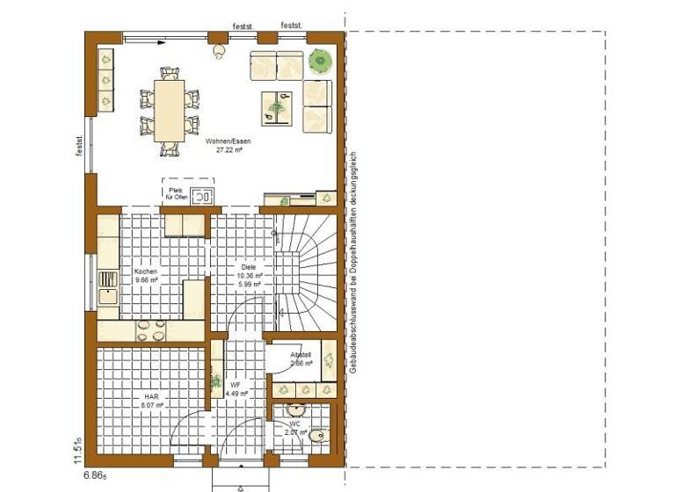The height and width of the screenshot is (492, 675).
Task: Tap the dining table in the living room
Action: click(x=169, y=110)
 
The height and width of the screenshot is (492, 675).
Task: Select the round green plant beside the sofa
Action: click(x=319, y=61)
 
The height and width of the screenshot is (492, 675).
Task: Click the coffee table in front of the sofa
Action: click(x=277, y=107)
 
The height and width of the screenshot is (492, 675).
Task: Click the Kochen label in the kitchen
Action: click(x=146, y=272)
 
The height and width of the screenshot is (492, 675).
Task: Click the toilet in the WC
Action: click(x=318, y=434)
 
